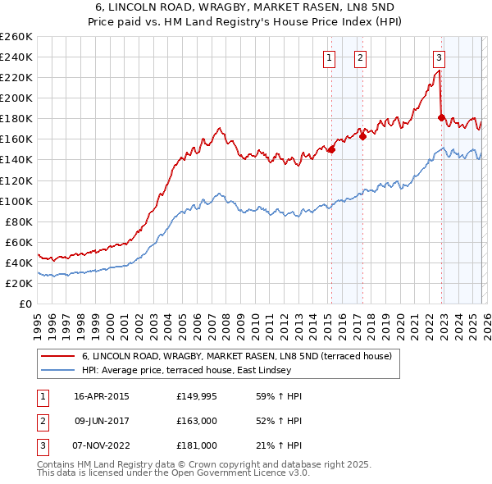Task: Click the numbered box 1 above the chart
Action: click(x=329, y=57)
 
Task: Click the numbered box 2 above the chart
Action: click(x=360, y=57)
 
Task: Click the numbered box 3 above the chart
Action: click(x=439, y=57)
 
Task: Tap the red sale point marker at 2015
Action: click(x=331, y=149)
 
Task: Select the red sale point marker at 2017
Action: click(x=362, y=136)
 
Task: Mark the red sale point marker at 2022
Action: click(x=441, y=117)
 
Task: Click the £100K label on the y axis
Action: click(x=16, y=201)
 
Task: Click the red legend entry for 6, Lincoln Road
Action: click(x=237, y=356)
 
